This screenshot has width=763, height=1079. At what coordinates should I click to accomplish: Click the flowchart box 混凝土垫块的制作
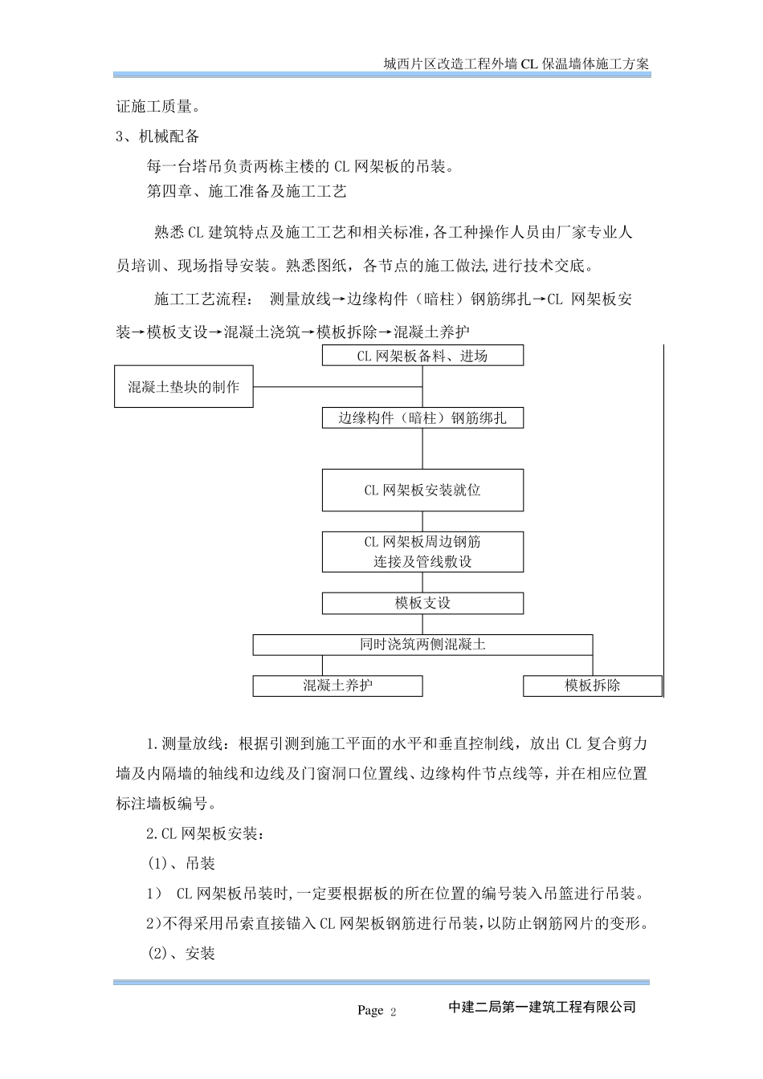click(184, 387)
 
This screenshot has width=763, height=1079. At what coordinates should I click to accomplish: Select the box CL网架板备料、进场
click(422, 356)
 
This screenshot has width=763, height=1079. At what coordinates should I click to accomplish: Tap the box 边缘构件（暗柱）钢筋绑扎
click(422, 418)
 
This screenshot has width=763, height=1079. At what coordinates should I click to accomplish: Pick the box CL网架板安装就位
click(422, 490)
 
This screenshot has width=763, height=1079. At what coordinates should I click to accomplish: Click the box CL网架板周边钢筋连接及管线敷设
click(422, 552)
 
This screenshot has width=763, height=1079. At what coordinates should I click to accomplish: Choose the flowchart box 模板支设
click(422, 603)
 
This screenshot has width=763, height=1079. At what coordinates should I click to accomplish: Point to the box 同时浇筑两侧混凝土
click(422, 645)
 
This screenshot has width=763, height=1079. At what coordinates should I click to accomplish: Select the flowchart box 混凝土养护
click(337, 686)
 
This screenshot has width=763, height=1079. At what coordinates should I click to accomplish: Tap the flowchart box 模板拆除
click(593, 686)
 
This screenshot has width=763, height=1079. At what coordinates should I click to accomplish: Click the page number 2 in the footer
click(394, 1012)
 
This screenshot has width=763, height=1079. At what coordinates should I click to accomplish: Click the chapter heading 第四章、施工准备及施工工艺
click(246, 192)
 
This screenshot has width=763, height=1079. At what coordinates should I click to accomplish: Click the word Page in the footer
click(370, 1011)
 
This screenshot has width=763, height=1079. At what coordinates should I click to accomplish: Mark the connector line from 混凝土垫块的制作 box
click(337, 387)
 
